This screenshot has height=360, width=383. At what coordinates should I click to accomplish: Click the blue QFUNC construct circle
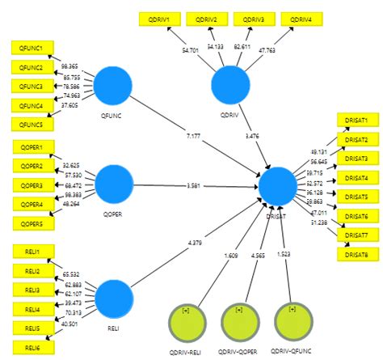(x=114, y=85)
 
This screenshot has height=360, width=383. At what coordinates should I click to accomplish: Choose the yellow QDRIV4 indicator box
(x=301, y=18)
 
